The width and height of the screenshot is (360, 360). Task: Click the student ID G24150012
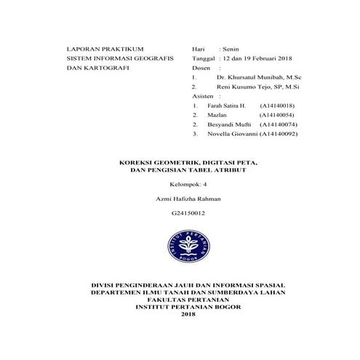click(188, 212)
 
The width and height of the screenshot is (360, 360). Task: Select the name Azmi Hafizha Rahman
click(188, 198)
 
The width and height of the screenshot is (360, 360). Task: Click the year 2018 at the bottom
click(188, 313)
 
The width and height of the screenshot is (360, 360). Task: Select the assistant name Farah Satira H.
click(226, 105)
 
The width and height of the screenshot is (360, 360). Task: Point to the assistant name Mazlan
click(217, 115)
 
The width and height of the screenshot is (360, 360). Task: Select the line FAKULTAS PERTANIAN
click(188, 298)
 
